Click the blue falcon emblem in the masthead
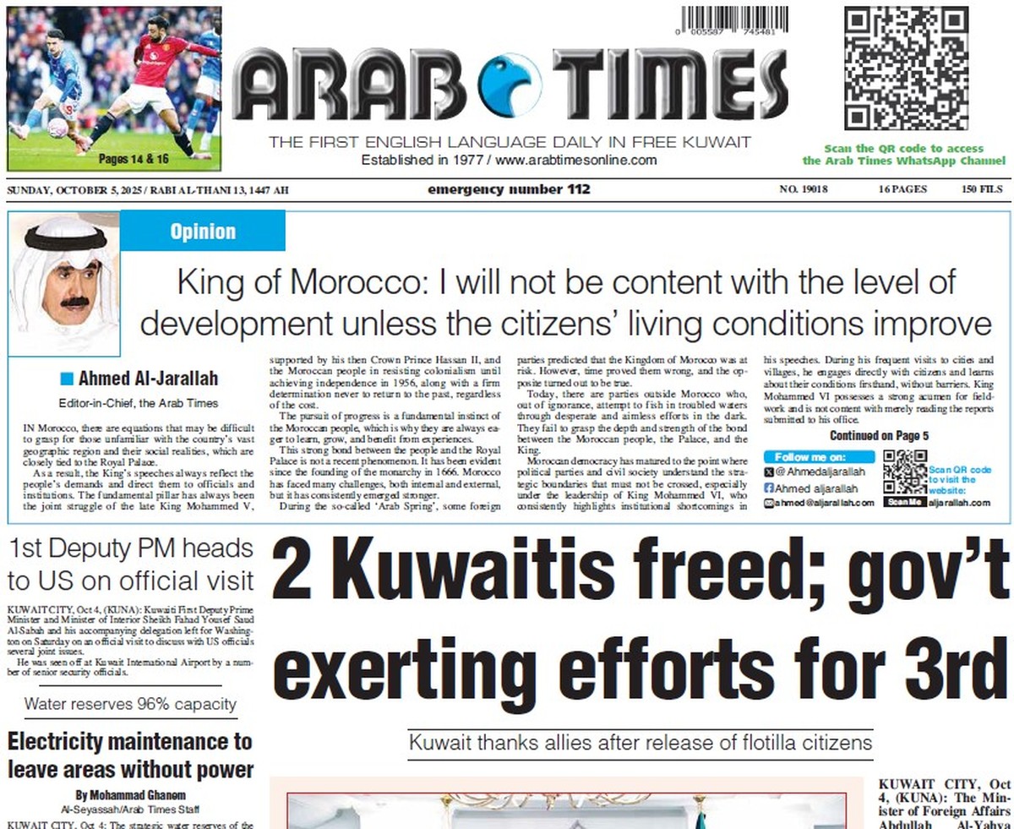(509, 84)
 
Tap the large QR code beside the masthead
(906, 68)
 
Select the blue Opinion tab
(203, 232)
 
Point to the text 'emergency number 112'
(509, 189)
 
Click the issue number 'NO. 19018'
(803, 190)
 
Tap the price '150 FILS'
(982, 190)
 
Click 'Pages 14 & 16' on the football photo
(134, 158)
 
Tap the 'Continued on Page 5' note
(879, 436)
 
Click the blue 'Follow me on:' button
(819, 457)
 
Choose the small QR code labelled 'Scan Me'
(904, 474)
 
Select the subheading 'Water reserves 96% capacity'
(130, 704)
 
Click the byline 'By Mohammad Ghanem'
(130, 795)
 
